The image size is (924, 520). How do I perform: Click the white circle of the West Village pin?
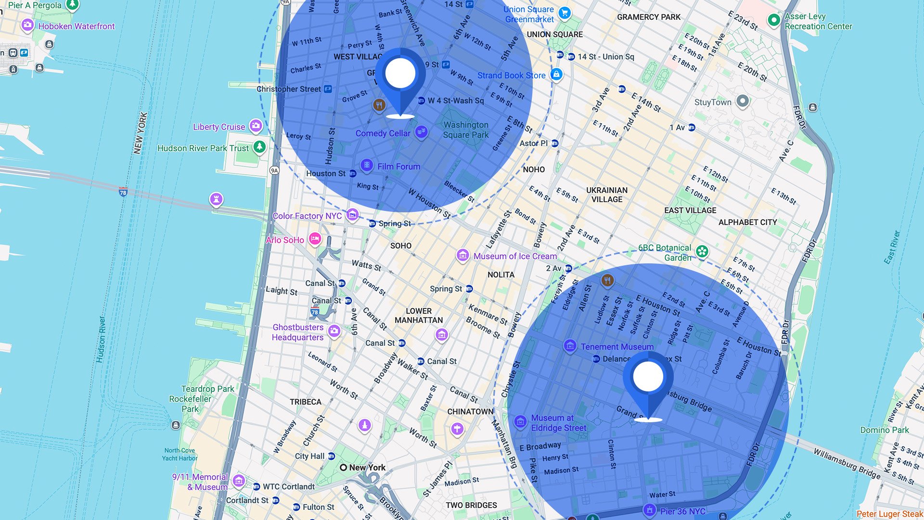(x=400, y=73)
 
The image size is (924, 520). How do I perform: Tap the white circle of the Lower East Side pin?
(x=648, y=377)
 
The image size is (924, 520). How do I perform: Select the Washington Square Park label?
(x=466, y=130)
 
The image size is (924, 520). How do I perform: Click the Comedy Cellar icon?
(x=421, y=131)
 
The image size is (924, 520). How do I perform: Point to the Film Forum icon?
(x=367, y=166)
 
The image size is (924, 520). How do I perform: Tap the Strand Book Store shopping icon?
(x=556, y=74)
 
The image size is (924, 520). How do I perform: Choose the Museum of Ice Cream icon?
(x=462, y=255)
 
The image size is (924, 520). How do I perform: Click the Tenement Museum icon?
(x=570, y=346)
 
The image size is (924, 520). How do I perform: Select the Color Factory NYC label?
(x=307, y=216)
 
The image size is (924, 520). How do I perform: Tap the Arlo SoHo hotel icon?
(x=315, y=238)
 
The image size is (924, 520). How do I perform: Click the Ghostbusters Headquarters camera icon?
(x=334, y=331)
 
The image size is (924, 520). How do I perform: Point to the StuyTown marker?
(x=743, y=101)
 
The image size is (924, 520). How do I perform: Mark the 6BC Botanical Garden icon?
(x=702, y=251)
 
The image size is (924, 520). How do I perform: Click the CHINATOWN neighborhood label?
(x=470, y=412)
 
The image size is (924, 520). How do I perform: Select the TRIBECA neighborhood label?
(x=306, y=402)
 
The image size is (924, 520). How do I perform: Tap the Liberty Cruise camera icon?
(x=256, y=126)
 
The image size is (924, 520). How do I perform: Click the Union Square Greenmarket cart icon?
(x=565, y=13)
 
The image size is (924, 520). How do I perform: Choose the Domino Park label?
(x=885, y=430)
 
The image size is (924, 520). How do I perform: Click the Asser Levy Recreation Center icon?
(x=773, y=20)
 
